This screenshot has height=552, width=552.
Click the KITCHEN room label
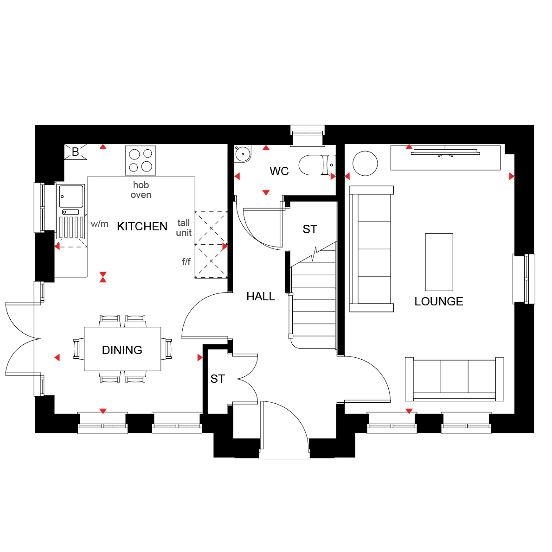[x=142, y=226]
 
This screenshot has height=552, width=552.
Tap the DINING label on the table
[x=122, y=350]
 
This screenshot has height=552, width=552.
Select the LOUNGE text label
[x=438, y=301]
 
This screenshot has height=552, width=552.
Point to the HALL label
[x=261, y=297]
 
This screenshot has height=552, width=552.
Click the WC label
[x=279, y=171]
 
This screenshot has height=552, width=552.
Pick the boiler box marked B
[x=76, y=152]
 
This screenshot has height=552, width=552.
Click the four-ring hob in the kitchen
[x=141, y=160]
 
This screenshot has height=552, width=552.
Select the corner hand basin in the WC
[x=242, y=153]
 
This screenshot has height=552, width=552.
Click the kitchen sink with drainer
[x=71, y=211]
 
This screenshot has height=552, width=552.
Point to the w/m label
[x=99, y=224]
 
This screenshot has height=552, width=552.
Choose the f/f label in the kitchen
[x=186, y=261]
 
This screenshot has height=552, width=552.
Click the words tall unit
[x=184, y=228]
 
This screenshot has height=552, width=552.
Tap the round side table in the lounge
[x=366, y=163]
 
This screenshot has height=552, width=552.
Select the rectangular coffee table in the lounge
[x=439, y=262]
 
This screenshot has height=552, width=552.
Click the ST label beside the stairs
[x=310, y=229]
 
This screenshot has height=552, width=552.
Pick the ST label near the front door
[x=218, y=379]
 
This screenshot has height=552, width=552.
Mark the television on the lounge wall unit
[x=446, y=152]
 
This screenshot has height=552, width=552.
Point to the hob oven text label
[x=141, y=190]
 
